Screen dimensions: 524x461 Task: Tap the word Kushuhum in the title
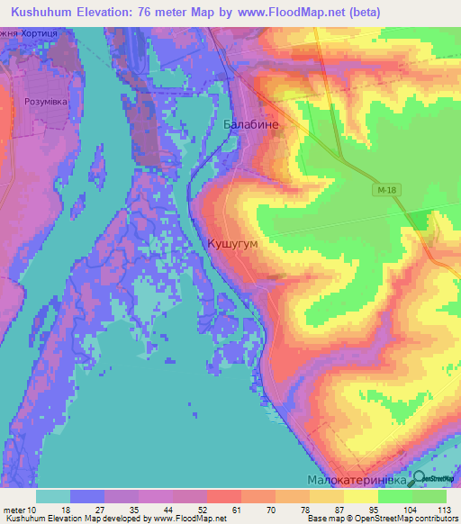pos(45,12)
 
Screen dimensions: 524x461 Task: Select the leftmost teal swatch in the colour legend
pos(53,496)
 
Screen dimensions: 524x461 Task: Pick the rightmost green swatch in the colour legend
pos(429,496)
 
